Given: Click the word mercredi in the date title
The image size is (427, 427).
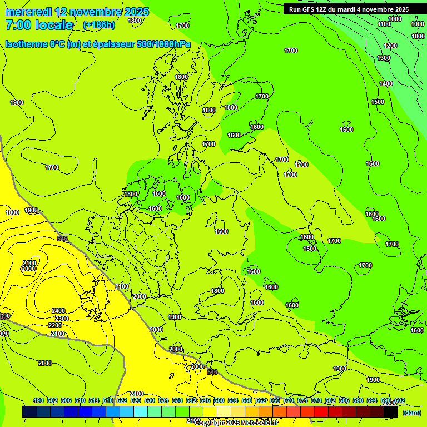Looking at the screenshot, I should click(28, 12).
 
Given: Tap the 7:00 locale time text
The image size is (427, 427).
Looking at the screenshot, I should click(39, 25).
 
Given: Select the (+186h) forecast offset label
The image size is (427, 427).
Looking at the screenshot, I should click(98, 25).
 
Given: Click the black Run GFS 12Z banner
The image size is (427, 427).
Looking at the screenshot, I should click(349, 9).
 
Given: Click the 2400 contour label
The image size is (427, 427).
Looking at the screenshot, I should click(58, 311).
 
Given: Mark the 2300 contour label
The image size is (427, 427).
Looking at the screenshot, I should click(62, 319).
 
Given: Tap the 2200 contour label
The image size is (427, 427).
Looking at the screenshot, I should click(55, 325).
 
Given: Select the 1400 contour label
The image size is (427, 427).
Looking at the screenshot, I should click(386, 83).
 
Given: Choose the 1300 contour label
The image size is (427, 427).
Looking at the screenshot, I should click(384, 58).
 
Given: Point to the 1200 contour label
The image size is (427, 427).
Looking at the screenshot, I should click(390, 46).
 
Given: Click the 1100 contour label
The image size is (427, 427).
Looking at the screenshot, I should click(384, 24).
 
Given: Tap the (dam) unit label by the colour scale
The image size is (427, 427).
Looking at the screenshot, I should click(412, 412).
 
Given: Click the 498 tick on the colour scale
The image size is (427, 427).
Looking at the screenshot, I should click(38, 400).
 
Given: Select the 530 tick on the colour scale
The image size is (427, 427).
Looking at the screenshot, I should click(150, 400).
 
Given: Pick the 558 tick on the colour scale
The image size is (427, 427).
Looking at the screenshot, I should click(247, 400).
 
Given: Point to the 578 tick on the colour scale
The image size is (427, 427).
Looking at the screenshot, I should click(316, 400).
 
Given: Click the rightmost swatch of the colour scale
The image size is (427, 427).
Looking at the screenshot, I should click(391, 411).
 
